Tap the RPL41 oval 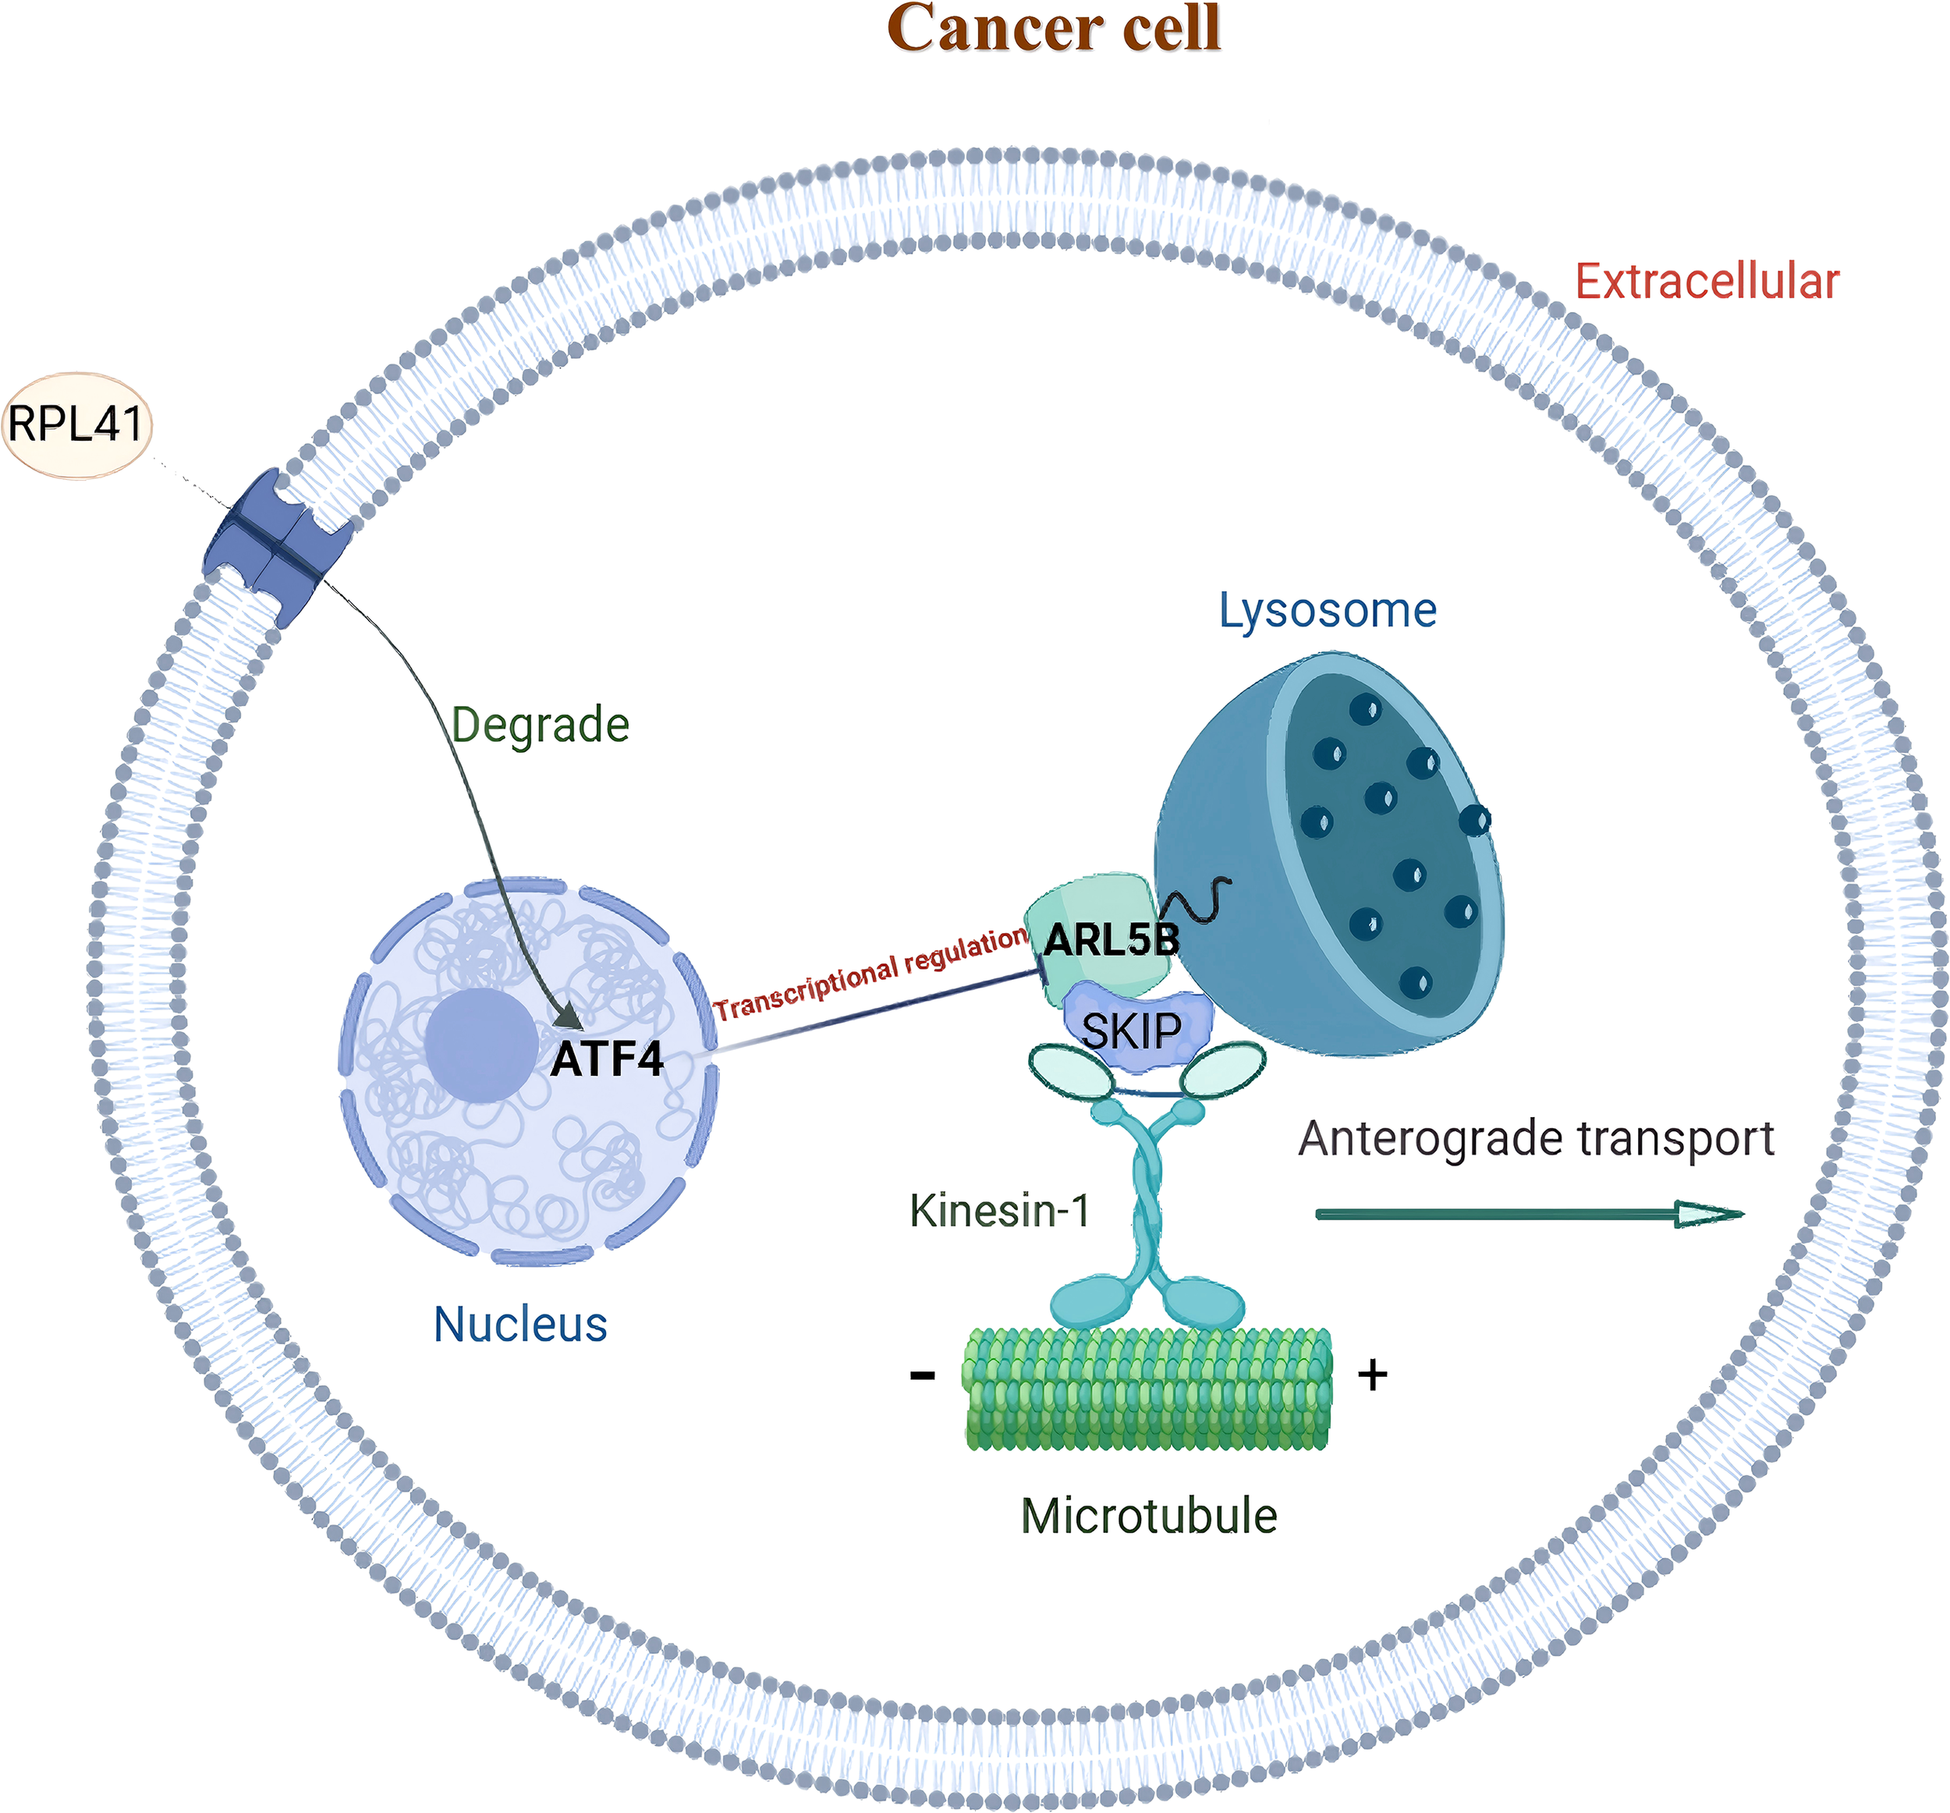point(77,425)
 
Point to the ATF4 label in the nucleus point(607,1059)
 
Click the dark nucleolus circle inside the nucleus point(481,1045)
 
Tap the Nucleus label point(521,1325)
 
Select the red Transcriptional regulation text point(871,974)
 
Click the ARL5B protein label point(1111,940)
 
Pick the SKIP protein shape point(1133,1030)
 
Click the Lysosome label point(1327,610)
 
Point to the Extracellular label point(1707,282)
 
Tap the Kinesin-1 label point(999,1211)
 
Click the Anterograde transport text point(1536,1139)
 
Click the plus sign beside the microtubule point(1372,1375)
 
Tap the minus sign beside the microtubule point(922,1375)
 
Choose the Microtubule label point(1149,1517)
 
